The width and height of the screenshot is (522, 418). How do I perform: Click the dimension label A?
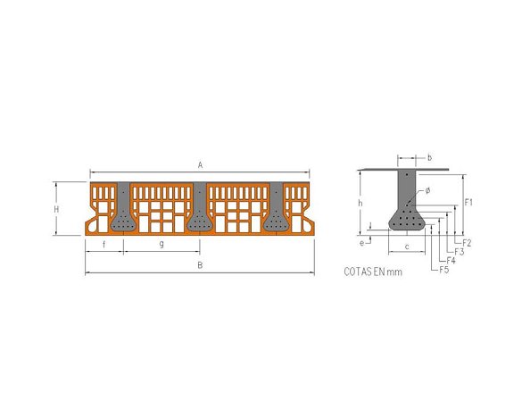[x=200, y=165]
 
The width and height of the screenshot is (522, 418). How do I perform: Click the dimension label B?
[x=200, y=265]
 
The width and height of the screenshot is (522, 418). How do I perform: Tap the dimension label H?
[x=56, y=209]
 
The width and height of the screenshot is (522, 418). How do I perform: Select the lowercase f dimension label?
[x=104, y=245]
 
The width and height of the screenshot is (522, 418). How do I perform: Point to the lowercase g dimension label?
[x=162, y=244]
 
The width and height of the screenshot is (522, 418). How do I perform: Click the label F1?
[x=468, y=202]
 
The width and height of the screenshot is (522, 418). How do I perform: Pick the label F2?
[x=467, y=243]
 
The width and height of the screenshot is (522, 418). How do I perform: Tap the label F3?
[x=459, y=252]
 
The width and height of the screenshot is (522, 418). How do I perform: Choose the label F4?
[x=452, y=261]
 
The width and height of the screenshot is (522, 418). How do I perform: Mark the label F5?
[x=444, y=270]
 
